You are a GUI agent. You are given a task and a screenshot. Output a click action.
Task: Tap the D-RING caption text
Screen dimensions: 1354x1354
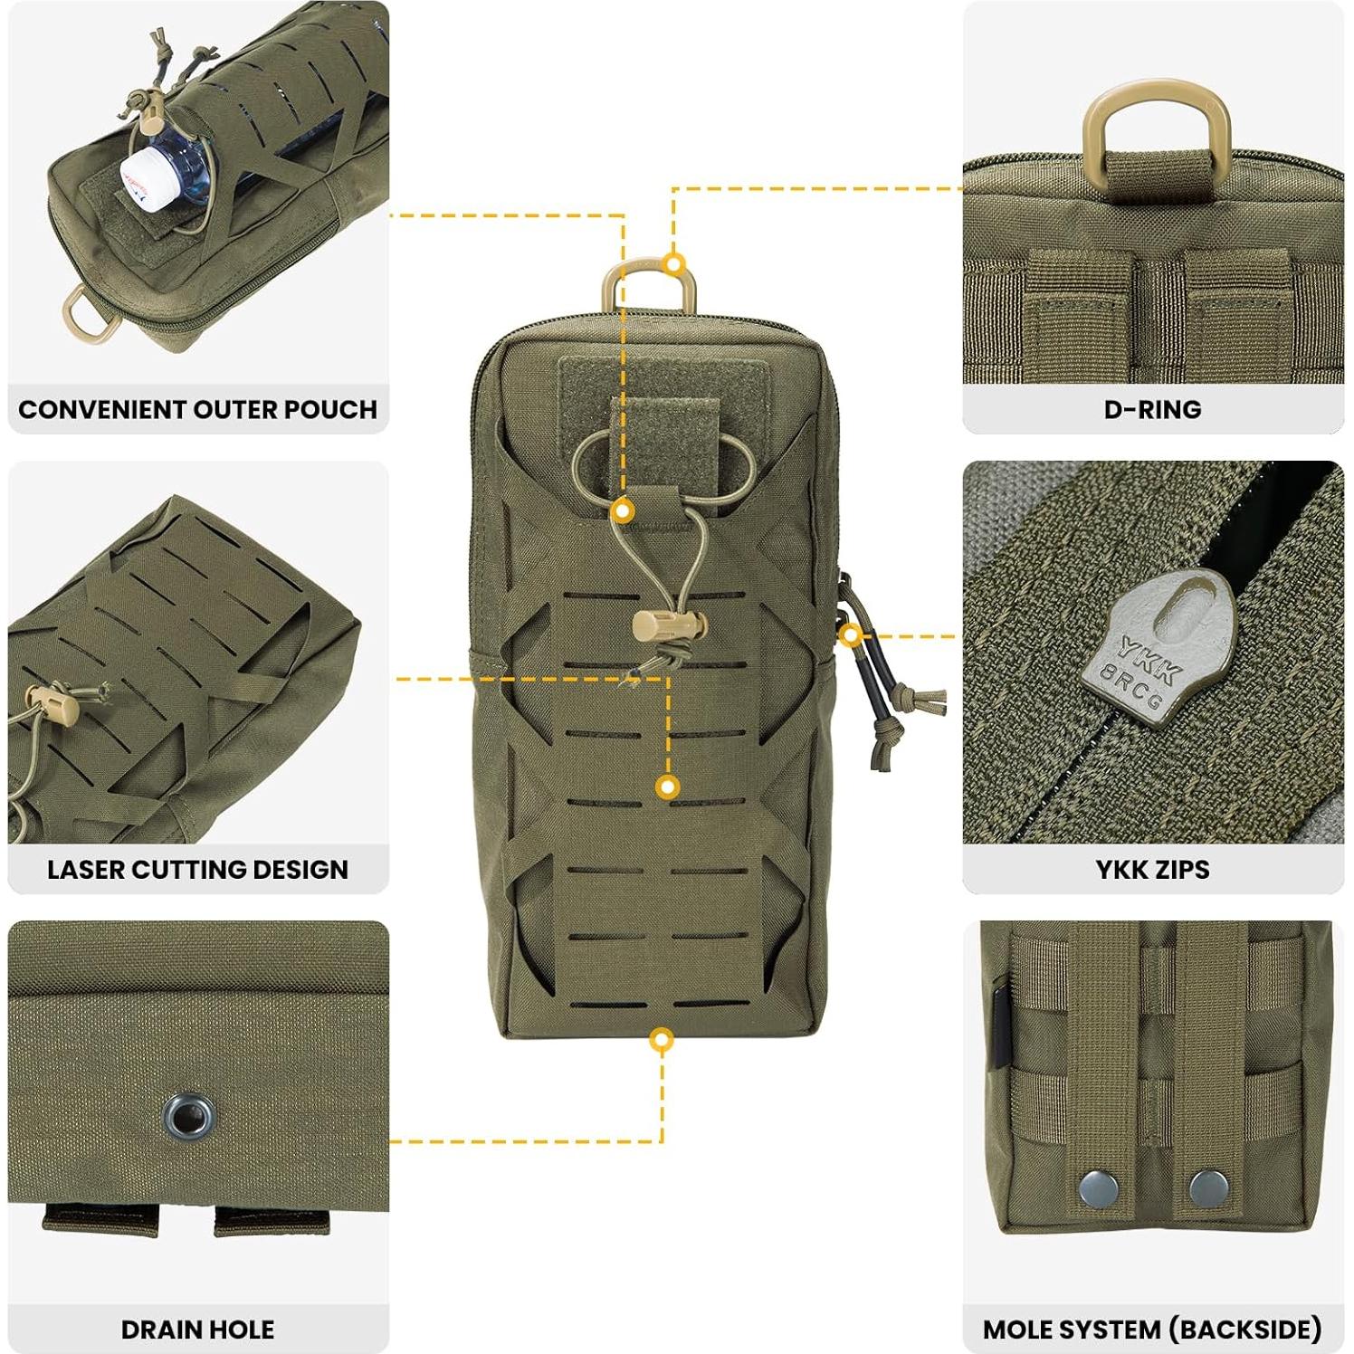[1152, 409]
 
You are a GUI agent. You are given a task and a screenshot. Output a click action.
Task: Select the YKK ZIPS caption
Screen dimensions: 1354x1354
[1152, 869]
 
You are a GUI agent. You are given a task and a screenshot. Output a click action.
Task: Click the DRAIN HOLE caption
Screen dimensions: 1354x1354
[197, 1329]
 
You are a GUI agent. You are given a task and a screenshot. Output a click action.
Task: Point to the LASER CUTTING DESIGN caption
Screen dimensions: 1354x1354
[197, 869]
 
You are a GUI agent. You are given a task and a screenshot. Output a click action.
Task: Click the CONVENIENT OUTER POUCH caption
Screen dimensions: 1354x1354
[197, 409]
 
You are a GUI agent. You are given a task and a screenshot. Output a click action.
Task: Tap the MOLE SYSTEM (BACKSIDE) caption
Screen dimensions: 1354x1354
[1152, 1329]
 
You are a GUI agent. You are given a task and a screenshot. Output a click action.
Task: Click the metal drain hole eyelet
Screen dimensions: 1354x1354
[188, 1115]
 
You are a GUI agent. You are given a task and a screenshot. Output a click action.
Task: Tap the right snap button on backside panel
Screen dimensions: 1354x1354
[1208, 1187]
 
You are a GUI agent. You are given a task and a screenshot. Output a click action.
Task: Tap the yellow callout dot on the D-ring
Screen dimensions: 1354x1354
[673, 264]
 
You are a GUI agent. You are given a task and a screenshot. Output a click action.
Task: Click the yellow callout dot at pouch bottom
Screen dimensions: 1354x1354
[662, 1039]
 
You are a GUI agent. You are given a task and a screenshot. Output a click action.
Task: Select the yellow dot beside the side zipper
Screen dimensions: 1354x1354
[849, 635]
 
